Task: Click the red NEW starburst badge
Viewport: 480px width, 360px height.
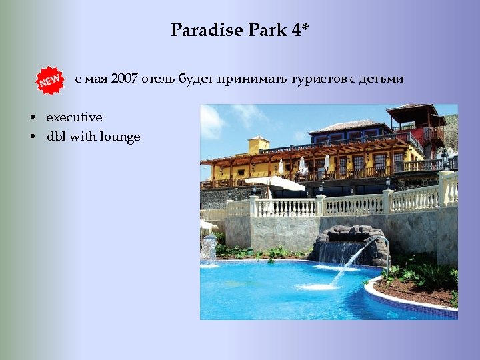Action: pos(49,81)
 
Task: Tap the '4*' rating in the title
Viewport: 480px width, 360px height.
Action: pos(300,30)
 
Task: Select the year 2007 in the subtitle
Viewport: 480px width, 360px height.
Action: pos(125,79)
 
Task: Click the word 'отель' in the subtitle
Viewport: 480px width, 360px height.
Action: pos(159,79)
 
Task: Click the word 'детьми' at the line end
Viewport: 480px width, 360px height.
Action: pos(381,79)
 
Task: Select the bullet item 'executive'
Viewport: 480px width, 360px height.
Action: pos(74,117)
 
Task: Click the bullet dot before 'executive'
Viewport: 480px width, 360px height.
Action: pos(32,118)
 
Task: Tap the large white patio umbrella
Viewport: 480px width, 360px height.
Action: pos(274,183)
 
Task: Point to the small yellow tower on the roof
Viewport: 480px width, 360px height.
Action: pos(258,145)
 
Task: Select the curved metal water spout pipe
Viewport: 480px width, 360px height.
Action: pos(385,250)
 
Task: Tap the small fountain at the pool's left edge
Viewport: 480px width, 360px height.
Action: pos(209,248)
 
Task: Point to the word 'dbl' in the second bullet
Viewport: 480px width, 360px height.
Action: pos(55,137)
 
